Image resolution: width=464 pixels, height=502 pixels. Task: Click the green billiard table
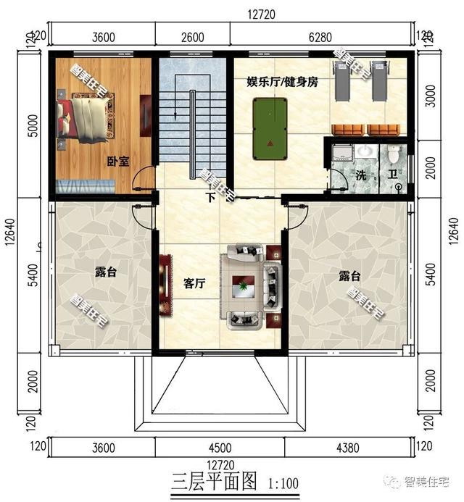tap(270, 129)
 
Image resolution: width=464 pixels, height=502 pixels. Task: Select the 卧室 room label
tap(118, 161)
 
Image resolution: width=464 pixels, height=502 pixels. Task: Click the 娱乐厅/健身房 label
tap(282, 82)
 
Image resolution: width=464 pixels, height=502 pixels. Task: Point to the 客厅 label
tap(194, 283)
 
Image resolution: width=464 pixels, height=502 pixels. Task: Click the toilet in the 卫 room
tap(392, 154)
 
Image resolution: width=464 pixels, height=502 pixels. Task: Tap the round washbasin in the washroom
tap(364, 151)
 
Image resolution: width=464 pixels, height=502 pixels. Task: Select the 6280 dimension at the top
tap(320, 37)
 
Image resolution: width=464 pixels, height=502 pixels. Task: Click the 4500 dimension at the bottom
tap(220, 447)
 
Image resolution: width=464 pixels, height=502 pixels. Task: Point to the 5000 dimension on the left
tap(33, 126)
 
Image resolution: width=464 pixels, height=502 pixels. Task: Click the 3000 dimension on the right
tap(431, 96)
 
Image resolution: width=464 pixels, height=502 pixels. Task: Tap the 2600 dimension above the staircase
tap(193, 37)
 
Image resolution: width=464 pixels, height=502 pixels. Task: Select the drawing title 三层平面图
tap(214, 482)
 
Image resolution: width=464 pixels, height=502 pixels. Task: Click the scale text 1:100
tap(283, 483)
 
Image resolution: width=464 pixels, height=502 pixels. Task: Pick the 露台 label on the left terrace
tap(106, 272)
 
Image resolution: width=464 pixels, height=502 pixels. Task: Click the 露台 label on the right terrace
tap(349, 276)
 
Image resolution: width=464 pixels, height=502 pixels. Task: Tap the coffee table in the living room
tap(243, 287)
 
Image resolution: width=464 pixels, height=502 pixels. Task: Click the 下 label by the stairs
tap(210, 197)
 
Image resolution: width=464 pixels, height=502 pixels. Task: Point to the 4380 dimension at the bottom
tap(348, 448)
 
